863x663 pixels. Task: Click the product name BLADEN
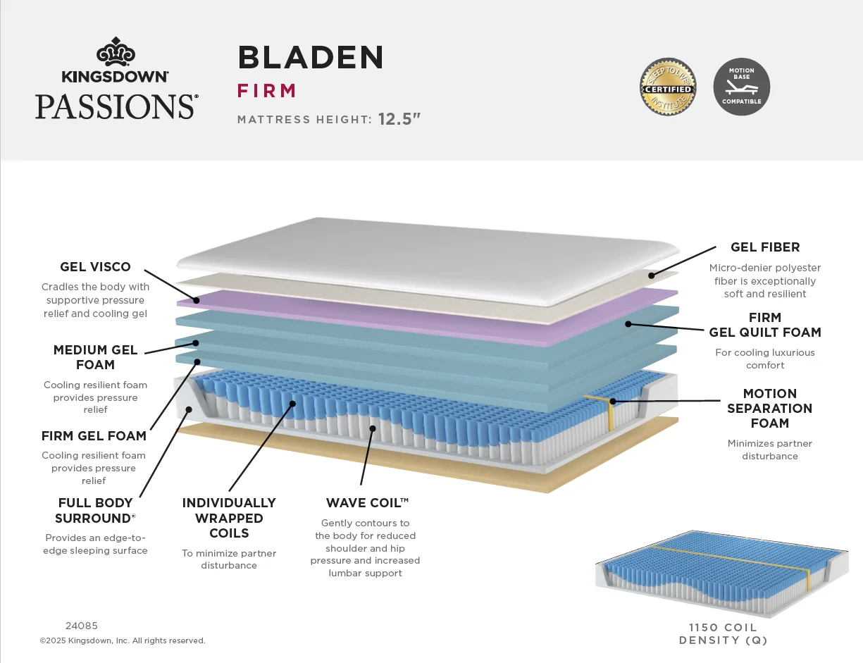tap(311, 57)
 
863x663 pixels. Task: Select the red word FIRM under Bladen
tap(267, 91)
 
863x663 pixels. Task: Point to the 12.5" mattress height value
tap(399, 119)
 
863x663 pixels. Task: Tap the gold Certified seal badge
tap(668, 87)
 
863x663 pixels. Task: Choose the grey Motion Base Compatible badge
tap(741, 87)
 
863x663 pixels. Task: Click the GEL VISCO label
tap(95, 267)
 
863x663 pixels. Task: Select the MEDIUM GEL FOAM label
tap(95, 357)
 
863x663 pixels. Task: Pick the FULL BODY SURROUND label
tap(95, 511)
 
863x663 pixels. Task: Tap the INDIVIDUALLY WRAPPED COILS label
tap(229, 518)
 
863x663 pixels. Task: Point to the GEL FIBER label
tap(765, 247)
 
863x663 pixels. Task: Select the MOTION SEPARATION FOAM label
tap(769, 409)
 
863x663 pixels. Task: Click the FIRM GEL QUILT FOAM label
tap(765, 325)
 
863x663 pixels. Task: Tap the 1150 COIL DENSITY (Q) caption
tap(723, 634)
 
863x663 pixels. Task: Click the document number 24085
tap(82, 626)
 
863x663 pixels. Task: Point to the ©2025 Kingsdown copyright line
tap(123, 641)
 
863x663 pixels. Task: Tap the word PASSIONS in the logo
tap(116, 106)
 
